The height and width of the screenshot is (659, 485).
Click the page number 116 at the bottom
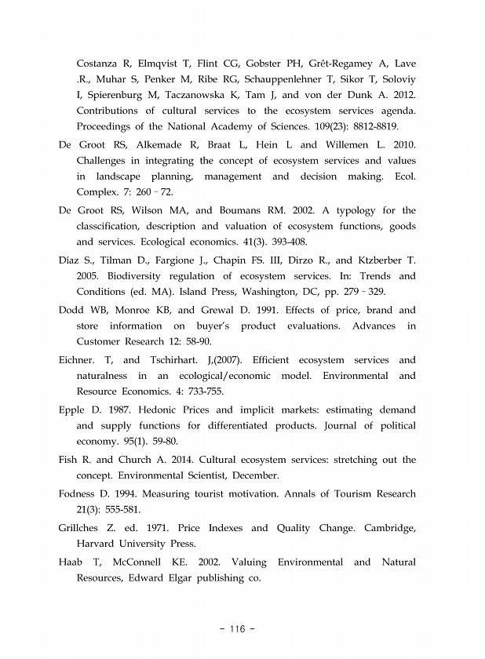(x=242, y=628)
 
